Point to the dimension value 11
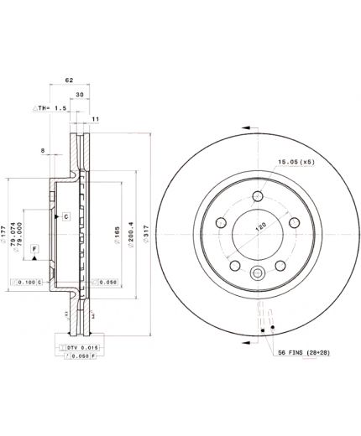(95, 120)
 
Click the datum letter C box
(64, 216)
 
